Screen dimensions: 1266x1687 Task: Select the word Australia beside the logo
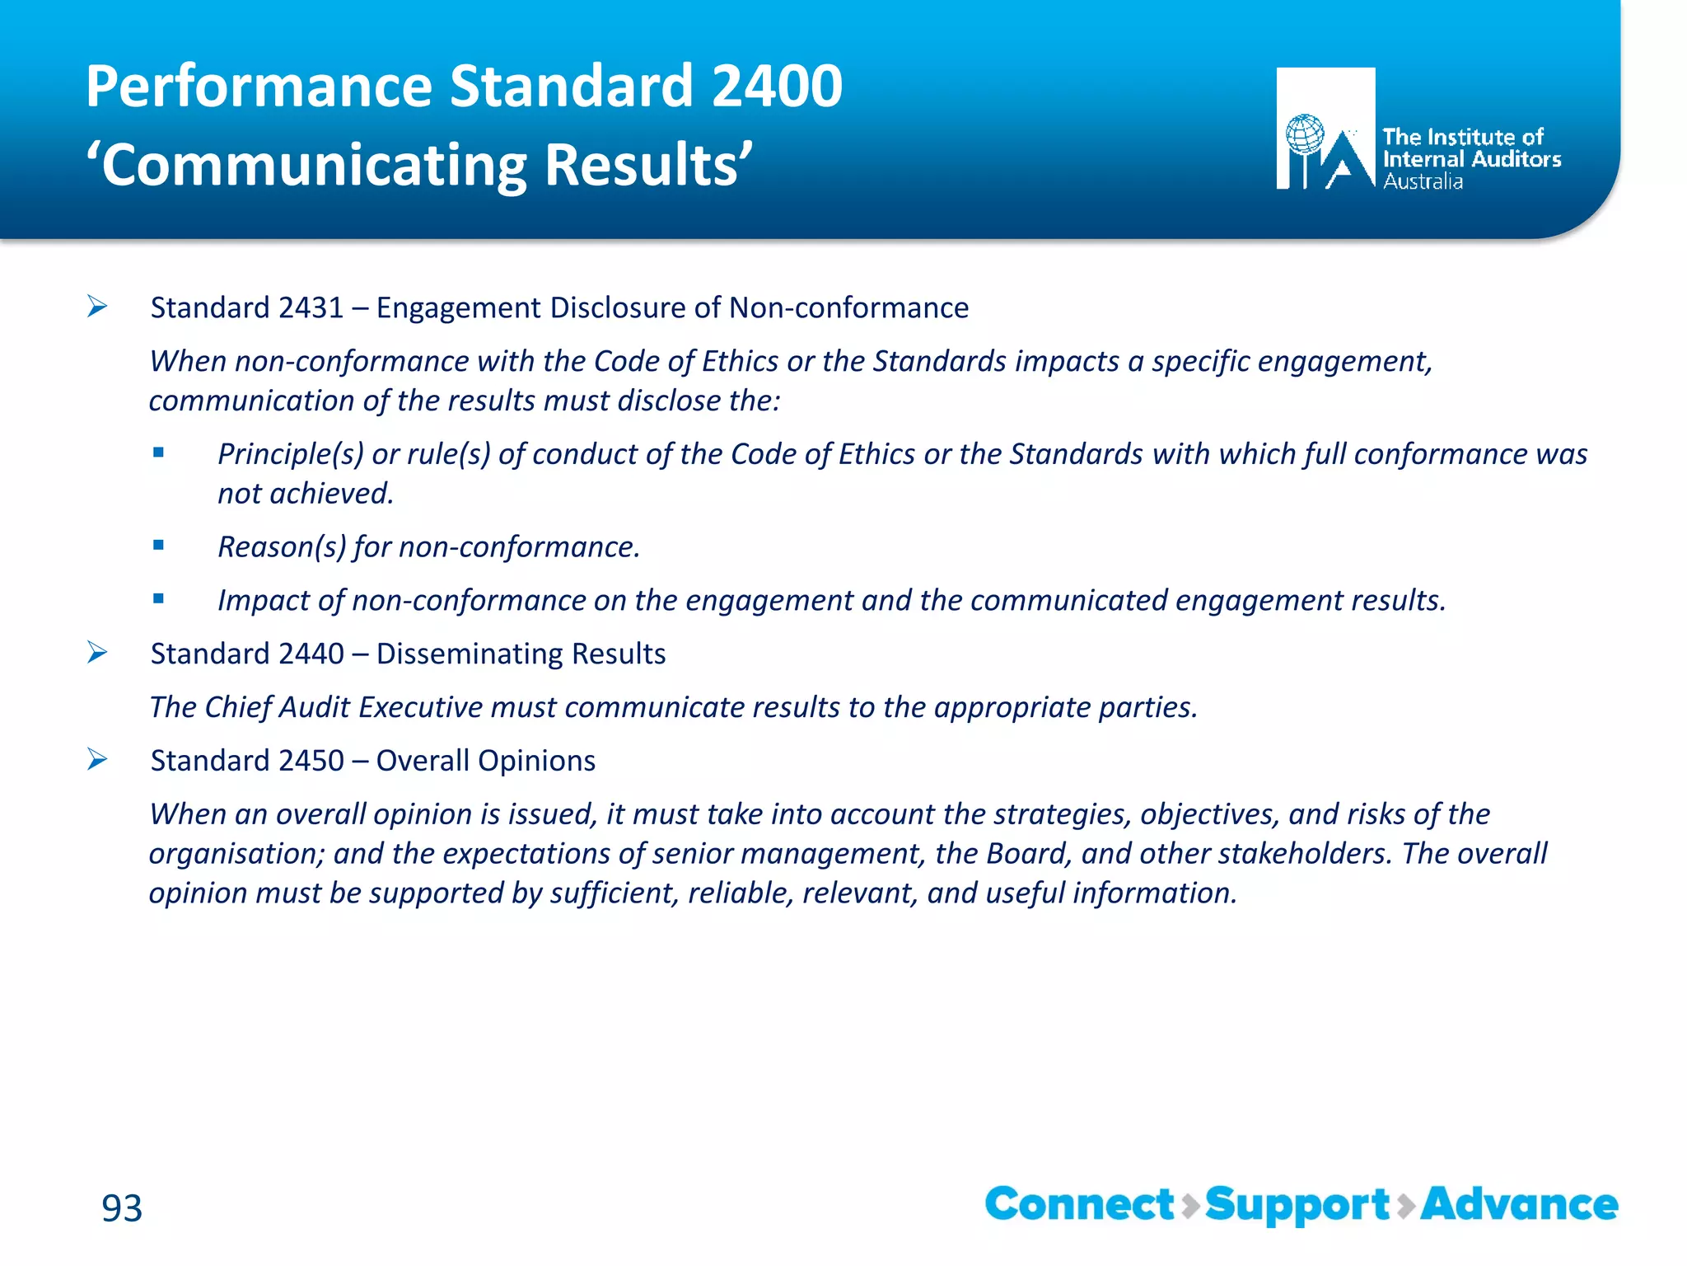tap(1423, 182)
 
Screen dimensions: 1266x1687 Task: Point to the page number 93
tap(122, 1208)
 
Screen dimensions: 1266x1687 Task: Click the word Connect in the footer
tap(1079, 1204)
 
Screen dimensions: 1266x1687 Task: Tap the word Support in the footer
tap(1297, 1206)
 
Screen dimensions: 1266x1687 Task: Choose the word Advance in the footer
tap(1519, 1204)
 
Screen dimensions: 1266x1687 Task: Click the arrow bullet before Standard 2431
tap(97, 307)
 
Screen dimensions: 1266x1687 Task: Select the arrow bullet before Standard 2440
tap(97, 654)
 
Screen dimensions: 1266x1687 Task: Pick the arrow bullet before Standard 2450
tap(97, 760)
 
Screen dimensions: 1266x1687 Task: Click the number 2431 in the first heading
tap(311, 308)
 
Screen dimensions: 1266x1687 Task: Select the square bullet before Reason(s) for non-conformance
tap(158, 545)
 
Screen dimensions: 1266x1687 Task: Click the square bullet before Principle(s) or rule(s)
tap(158, 452)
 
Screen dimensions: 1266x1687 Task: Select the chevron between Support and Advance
tap(1406, 1206)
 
